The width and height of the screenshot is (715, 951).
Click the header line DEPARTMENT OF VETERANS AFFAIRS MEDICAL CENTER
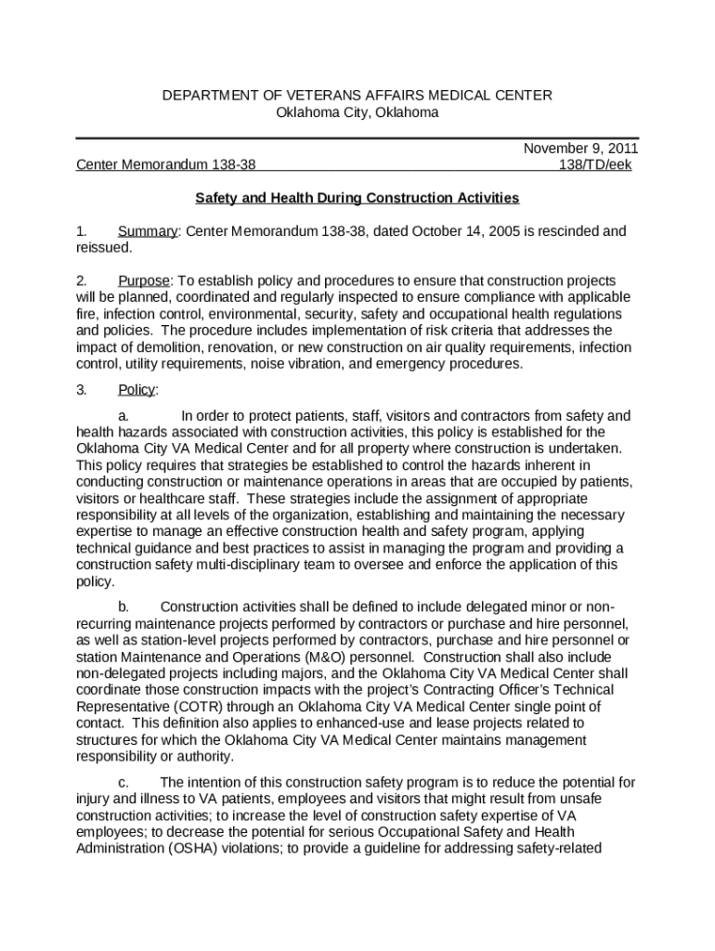click(x=357, y=96)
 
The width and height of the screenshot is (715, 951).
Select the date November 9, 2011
click(x=580, y=149)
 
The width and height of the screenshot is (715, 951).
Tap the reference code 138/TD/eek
click(x=593, y=165)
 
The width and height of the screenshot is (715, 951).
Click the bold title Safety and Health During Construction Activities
click(x=357, y=198)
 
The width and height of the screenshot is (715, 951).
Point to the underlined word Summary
click(x=147, y=231)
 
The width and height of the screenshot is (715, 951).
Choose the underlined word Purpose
click(x=144, y=280)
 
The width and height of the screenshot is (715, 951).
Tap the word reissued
click(x=103, y=248)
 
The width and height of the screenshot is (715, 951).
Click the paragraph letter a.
click(x=123, y=416)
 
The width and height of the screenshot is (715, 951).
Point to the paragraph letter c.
click(x=123, y=782)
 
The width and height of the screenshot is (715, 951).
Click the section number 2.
click(x=81, y=280)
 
